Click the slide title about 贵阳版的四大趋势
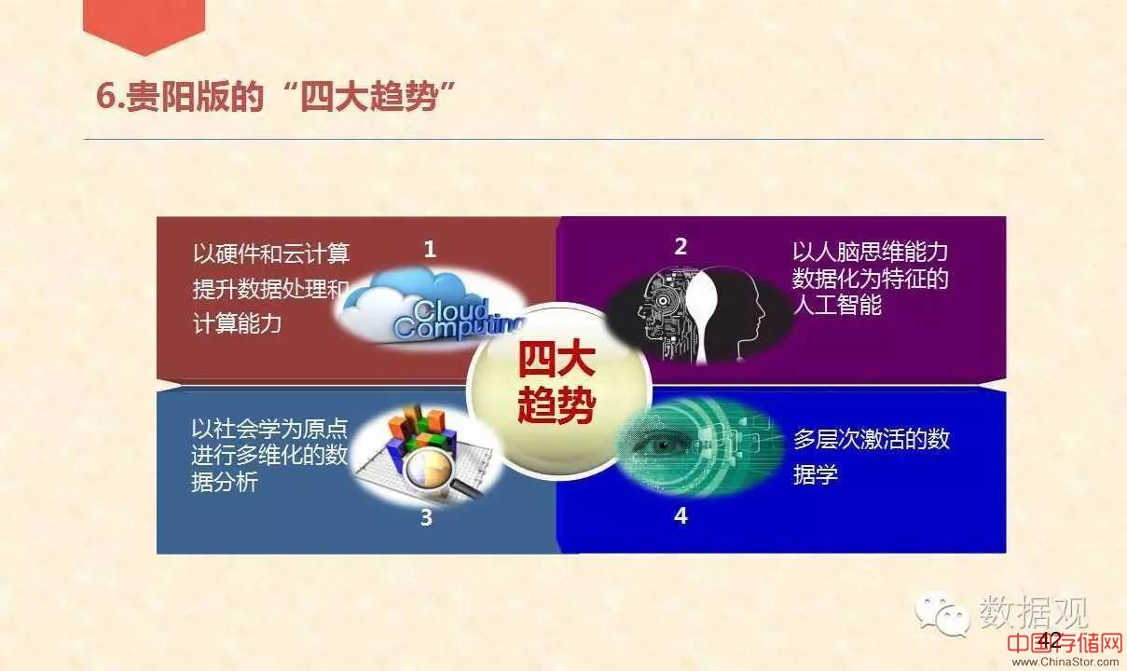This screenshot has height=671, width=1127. point(276,96)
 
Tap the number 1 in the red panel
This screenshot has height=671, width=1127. point(430,249)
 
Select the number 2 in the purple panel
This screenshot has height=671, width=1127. point(680,246)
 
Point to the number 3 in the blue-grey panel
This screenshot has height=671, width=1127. point(426,517)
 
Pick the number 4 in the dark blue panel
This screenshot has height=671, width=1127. point(680,515)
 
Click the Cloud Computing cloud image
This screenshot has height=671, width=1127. point(430,308)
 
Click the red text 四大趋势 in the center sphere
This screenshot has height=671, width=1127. point(557,382)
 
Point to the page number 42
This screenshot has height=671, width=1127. point(1050,640)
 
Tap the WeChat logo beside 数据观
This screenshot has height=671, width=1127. point(941,613)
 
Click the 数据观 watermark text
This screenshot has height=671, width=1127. point(1034,611)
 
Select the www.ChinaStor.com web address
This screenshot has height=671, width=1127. point(1065,662)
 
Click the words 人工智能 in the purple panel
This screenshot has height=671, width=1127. point(837,305)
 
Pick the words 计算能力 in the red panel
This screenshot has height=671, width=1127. point(237,323)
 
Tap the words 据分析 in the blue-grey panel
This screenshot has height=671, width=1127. point(225,482)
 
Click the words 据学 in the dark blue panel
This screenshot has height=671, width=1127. point(816,473)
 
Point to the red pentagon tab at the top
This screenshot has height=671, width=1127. point(144,25)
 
